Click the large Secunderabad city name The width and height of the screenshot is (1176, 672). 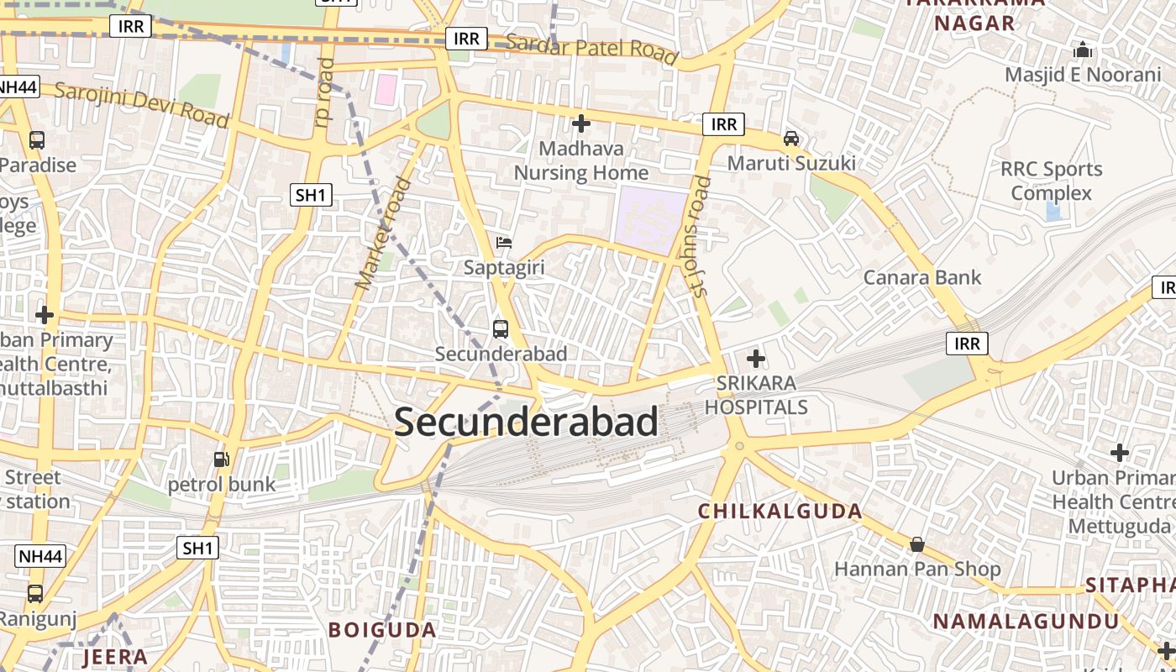(526, 422)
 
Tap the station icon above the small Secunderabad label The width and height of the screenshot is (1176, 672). (501, 328)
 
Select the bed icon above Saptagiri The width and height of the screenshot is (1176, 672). (504, 243)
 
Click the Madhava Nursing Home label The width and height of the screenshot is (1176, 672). (581, 161)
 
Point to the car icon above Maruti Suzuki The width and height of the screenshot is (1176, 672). (791, 138)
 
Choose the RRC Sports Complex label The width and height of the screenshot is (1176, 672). (1051, 181)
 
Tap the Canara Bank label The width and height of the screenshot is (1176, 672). (922, 277)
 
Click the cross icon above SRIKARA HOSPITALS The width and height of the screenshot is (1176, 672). (756, 360)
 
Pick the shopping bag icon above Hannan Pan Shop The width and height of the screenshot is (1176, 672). (917, 544)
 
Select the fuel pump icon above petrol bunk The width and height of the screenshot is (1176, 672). (222, 459)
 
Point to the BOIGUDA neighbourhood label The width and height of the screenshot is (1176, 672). (382, 629)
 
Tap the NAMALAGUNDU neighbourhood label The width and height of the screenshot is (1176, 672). (1026, 622)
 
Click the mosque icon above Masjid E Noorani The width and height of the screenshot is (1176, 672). (1083, 50)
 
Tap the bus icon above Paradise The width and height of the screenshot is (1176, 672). (37, 140)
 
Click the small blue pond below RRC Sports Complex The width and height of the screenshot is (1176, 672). (1053, 211)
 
